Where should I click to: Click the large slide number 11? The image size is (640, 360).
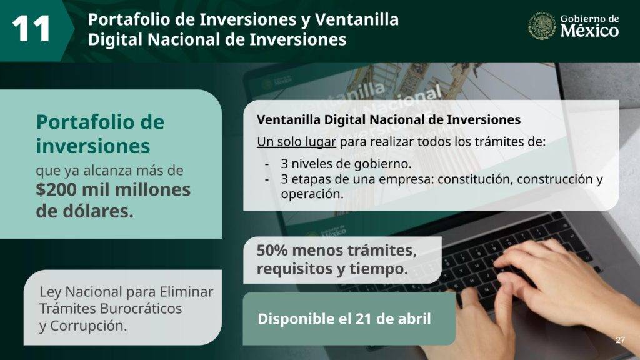click(x=31, y=29)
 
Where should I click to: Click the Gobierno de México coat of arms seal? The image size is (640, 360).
click(x=542, y=25)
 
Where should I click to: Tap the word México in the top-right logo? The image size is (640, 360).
click(x=589, y=31)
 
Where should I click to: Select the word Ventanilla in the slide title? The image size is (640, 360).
click(x=357, y=19)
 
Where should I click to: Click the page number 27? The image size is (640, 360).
click(x=620, y=340)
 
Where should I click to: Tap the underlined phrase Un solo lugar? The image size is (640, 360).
click(x=296, y=142)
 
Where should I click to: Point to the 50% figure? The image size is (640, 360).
click(x=272, y=250)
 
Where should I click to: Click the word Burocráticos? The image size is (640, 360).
click(x=141, y=309)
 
